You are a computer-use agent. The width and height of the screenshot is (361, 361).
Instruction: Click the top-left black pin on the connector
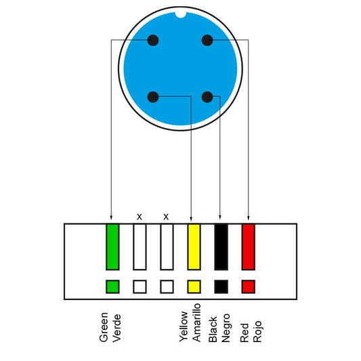point(153,40)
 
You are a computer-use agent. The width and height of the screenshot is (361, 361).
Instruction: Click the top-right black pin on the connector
point(207,40)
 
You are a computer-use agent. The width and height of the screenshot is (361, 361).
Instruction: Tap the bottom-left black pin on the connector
point(153,97)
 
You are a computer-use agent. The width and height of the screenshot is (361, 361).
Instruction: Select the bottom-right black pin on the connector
point(207,97)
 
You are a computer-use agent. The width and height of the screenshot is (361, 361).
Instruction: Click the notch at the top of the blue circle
point(180,15)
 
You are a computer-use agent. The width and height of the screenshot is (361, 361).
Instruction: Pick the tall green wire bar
point(112,247)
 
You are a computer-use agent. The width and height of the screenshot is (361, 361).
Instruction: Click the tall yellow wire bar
point(194,247)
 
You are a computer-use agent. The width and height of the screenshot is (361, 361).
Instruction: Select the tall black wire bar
point(221,247)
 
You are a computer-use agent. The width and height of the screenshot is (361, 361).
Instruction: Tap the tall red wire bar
point(249,247)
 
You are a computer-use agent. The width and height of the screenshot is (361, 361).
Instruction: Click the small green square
point(112,286)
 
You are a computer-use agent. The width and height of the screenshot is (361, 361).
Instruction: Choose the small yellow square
point(194,286)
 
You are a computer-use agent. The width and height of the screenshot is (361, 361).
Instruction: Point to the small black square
point(221,286)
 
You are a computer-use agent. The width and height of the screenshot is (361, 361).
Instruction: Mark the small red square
point(249,286)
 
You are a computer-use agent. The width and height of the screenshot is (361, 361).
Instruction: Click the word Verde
point(116,328)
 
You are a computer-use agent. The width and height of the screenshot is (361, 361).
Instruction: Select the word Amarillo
point(196,322)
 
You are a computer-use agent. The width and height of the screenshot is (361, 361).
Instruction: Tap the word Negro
point(226,328)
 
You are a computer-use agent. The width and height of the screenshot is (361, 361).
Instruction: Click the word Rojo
point(257,331)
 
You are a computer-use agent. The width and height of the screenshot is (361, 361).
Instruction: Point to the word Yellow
point(184,326)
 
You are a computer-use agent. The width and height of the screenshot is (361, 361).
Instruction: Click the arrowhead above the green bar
point(111,217)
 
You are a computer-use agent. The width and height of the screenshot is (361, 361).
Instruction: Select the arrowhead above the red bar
point(249,217)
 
